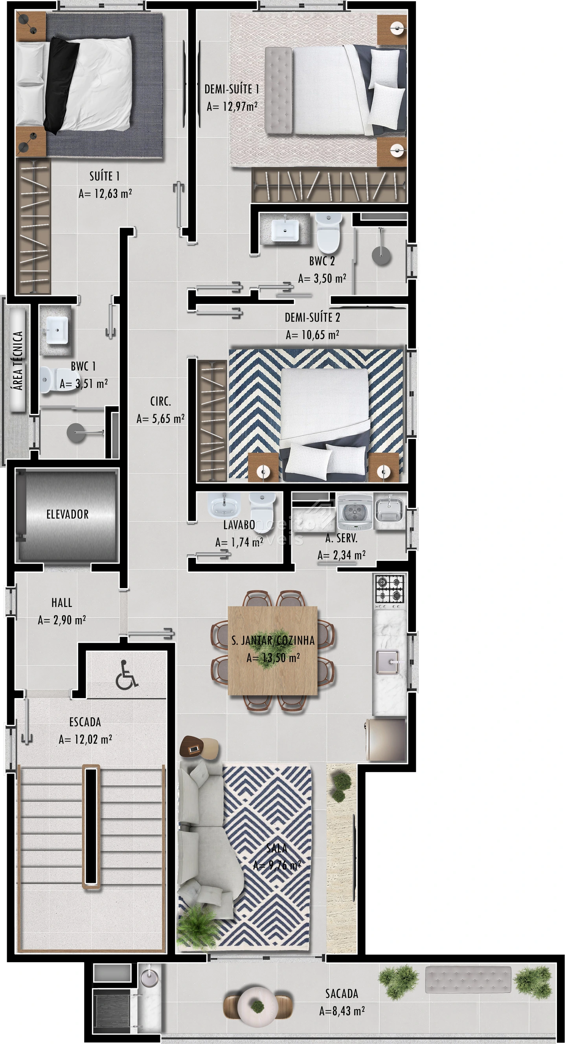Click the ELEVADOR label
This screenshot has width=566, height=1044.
coord(67,514)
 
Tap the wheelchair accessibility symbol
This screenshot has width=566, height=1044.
coord(127,675)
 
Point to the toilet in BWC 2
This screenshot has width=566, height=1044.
coord(328,233)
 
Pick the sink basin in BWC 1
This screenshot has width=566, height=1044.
coord(57,330)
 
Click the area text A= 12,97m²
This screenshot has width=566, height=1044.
coord(232,107)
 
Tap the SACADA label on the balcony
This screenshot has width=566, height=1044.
coord(342,993)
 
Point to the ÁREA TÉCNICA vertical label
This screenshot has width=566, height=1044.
coord(18,360)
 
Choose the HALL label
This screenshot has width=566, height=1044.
coord(62,603)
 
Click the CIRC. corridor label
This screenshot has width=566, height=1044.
coord(160,401)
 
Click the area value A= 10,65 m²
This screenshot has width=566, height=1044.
coord(312,335)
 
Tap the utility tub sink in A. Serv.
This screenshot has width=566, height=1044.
coord(390,510)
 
